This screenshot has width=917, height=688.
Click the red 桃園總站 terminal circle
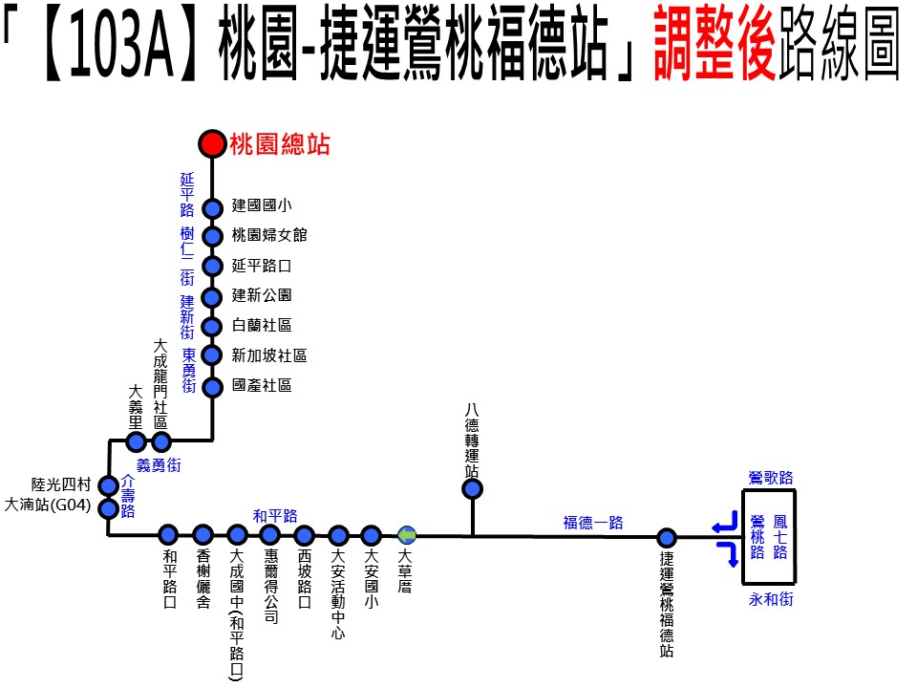[x=212, y=143]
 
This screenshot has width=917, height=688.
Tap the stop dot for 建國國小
[x=212, y=208]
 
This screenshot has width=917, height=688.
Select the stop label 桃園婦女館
[x=269, y=235]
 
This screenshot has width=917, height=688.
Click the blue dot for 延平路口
[x=212, y=267]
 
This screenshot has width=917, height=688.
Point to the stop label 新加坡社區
[x=269, y=355]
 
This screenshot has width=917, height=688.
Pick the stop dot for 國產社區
[x=212, y=387]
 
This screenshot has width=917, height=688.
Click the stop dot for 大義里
[x=136, y=441]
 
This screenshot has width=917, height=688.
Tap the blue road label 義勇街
[x=159, y=465]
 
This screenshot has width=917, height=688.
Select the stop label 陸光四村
[x=61, y=484]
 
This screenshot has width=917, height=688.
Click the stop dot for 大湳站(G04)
[x=108, y=508]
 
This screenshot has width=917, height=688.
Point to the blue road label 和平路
[x=275, y=516]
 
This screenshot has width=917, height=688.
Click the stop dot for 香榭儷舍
[x=203, y=534]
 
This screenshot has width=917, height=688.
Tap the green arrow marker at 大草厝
[x=407, y=535]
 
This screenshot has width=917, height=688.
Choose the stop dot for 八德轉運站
[x=472, y=488]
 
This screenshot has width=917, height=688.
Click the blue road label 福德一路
[x=593, y=523]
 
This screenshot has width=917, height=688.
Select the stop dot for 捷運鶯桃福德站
[x=666, y=538]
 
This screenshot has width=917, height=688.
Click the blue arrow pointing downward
[x=729, y=553]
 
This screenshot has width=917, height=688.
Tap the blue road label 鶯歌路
[x=771, y=478]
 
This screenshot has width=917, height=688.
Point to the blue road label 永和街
[x=771, y=599]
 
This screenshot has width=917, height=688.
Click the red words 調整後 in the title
[x=714, y=42]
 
